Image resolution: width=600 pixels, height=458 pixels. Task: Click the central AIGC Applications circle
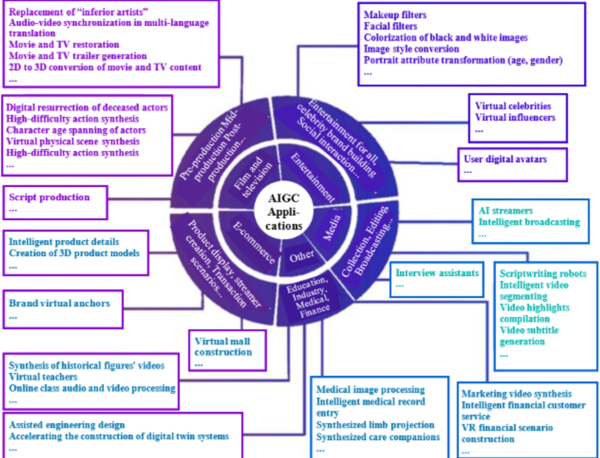point(283,212)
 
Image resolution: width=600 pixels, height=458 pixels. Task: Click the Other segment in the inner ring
point(301,257)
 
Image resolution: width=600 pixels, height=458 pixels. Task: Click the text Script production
point(49,197)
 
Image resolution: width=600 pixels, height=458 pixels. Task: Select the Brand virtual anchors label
point(59,303)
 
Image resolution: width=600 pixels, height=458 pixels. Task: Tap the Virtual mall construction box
point(227,351)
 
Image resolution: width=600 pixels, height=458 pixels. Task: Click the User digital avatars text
point(505,159)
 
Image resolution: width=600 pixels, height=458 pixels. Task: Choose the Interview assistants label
point(437,273)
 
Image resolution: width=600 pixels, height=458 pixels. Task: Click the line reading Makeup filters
point(395,15)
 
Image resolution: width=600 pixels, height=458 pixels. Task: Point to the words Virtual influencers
point(515,117)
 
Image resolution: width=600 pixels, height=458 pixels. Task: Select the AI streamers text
point(505,210)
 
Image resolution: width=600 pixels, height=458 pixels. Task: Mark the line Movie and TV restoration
point(64,44)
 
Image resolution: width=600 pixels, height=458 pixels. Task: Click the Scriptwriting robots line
point(543,274)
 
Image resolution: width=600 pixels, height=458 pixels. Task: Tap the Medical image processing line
point(370,390)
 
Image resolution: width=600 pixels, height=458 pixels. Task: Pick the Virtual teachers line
point(43,377)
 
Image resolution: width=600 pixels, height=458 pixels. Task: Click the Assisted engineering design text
point(67,425)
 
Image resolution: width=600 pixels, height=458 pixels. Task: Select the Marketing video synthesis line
point(516,394)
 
